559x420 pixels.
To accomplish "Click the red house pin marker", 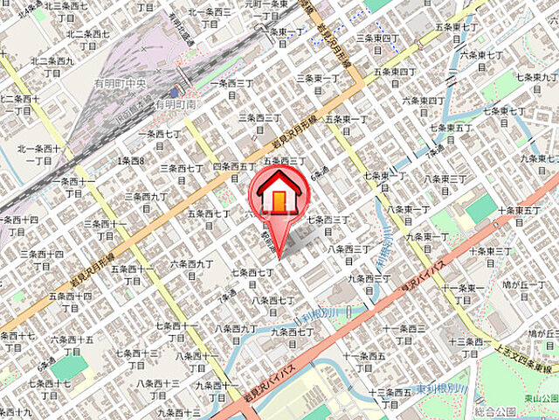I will [x=277, y=197].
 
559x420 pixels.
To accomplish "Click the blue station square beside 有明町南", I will [x=176, y=92].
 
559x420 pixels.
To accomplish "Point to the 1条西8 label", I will [x=131, y=161].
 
